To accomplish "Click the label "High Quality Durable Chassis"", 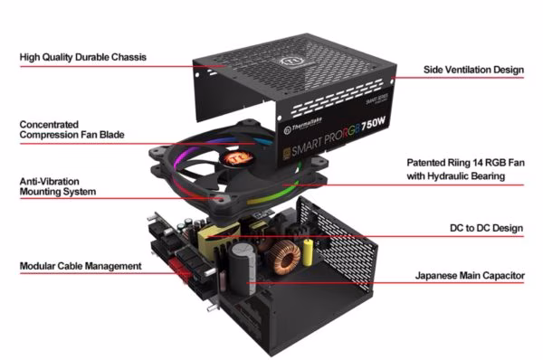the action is pyautogui.click(x=83, y=57).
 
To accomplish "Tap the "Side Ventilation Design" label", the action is pyautogui.click(x=473, y=70).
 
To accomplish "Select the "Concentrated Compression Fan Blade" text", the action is pyautogui.click(x=72, y=129).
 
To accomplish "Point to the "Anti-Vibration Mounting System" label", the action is pyautogui.click(x=58, y=186).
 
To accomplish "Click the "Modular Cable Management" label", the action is pyautogui.click(x=81, y=266).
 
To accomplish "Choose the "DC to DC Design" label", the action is pyautogui.click(x=487, y=228).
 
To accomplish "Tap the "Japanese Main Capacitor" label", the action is pyautogui.click(x=470, y=276).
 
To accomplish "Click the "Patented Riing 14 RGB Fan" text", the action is pyautogui.click(x=466, y=163).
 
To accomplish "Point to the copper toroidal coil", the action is pyautogui.click(x=285, y=257).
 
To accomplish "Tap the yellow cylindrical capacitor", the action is pyautogui.click(x=308, y=252).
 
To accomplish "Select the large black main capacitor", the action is pyautogui.click(x=242, y=268).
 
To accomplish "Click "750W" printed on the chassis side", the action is pyautogui.click(x=373, y=123).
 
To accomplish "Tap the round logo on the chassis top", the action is pyautogui.click(x=289, y=62).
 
